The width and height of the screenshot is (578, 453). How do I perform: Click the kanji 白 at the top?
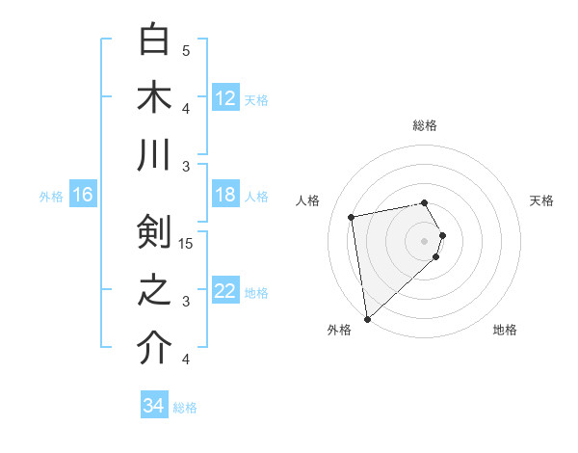[x=153, y=40]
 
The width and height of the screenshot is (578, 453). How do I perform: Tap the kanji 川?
[x=153, y=155]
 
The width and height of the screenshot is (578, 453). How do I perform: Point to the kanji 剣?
[x=153, y=231]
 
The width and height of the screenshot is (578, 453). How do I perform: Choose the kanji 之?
[x=153, y=290]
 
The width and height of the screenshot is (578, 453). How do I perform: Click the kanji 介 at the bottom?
[x=153, y=348]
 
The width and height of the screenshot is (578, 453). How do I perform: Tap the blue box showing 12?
[x=225, y=98]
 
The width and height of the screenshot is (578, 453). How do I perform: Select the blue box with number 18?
[x=225, y=195]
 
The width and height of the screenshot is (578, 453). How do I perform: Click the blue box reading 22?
[x=225, y=292]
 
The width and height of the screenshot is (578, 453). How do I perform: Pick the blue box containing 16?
[x=83, y=195]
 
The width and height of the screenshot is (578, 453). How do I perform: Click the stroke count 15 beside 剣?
[x=186, y=243]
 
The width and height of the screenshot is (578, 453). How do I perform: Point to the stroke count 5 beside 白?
[x=186, y=50]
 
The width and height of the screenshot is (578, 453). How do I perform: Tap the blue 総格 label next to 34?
[x=185, y=408]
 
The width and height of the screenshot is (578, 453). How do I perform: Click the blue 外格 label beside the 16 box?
[x=51, y=197]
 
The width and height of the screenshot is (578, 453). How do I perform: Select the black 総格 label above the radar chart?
[x=425, y=125]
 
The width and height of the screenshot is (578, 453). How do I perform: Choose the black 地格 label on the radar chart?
[x=505, y=330]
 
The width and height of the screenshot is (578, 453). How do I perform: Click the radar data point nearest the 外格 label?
[x=367, y=318]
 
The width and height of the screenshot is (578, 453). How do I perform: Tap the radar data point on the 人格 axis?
[x=352, y=217]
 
